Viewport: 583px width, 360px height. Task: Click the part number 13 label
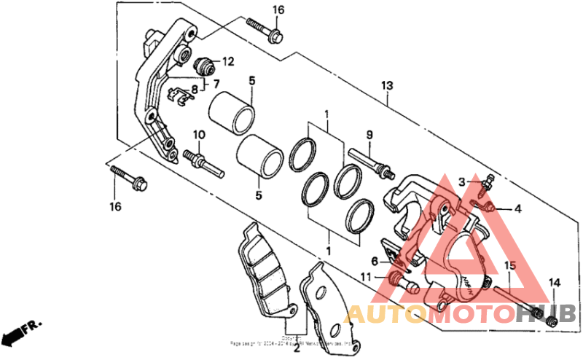pos(387,86)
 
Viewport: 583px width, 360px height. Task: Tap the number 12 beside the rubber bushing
pos(228,62)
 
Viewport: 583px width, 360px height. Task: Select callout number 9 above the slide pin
pos(369,135)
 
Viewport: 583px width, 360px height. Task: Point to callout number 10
pos(199,135)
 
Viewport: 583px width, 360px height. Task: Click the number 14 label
pos(554,283)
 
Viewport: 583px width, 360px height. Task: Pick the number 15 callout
pos(510,265)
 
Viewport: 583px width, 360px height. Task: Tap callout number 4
pos(518,209)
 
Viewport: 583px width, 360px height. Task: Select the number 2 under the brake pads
pos(297,348)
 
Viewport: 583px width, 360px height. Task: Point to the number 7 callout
pos(216,84)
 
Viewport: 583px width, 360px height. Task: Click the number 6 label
pos(374,261)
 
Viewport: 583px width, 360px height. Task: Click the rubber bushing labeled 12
pos(206,63)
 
